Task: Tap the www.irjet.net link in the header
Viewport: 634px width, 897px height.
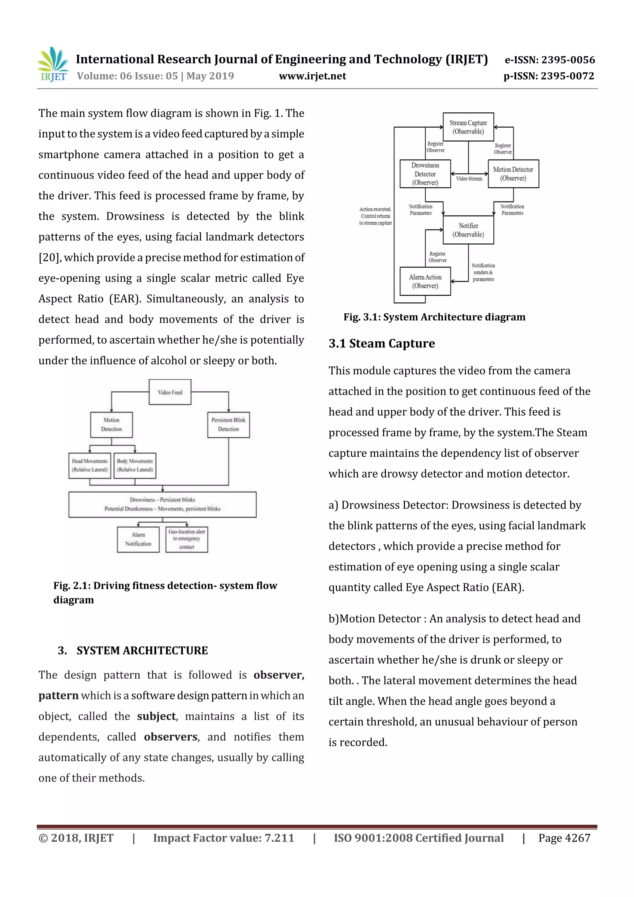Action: [312, 76]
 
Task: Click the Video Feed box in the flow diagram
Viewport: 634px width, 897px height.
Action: [170, 392]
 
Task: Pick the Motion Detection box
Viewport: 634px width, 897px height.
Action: [111, 425]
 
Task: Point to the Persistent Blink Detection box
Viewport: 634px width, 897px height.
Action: [228, 425]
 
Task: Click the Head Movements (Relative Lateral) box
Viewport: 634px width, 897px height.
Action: [90, 465]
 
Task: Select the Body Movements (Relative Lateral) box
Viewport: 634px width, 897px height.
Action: [135, 465]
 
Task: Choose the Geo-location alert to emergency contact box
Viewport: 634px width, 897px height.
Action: [187, 539]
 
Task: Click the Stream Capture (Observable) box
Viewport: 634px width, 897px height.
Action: [468, 127]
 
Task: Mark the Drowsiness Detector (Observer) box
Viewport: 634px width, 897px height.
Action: [425, 174]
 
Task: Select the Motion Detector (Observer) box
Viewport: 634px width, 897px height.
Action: [513, 174]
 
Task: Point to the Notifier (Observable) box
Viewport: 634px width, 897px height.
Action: [468, 230]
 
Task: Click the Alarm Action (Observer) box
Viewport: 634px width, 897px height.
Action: [425, 281]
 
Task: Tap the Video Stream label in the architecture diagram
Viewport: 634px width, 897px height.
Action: [469, 179]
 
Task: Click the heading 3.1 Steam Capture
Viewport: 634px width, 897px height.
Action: [382, 343]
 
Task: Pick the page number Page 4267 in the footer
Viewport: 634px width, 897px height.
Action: [564, 838]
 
